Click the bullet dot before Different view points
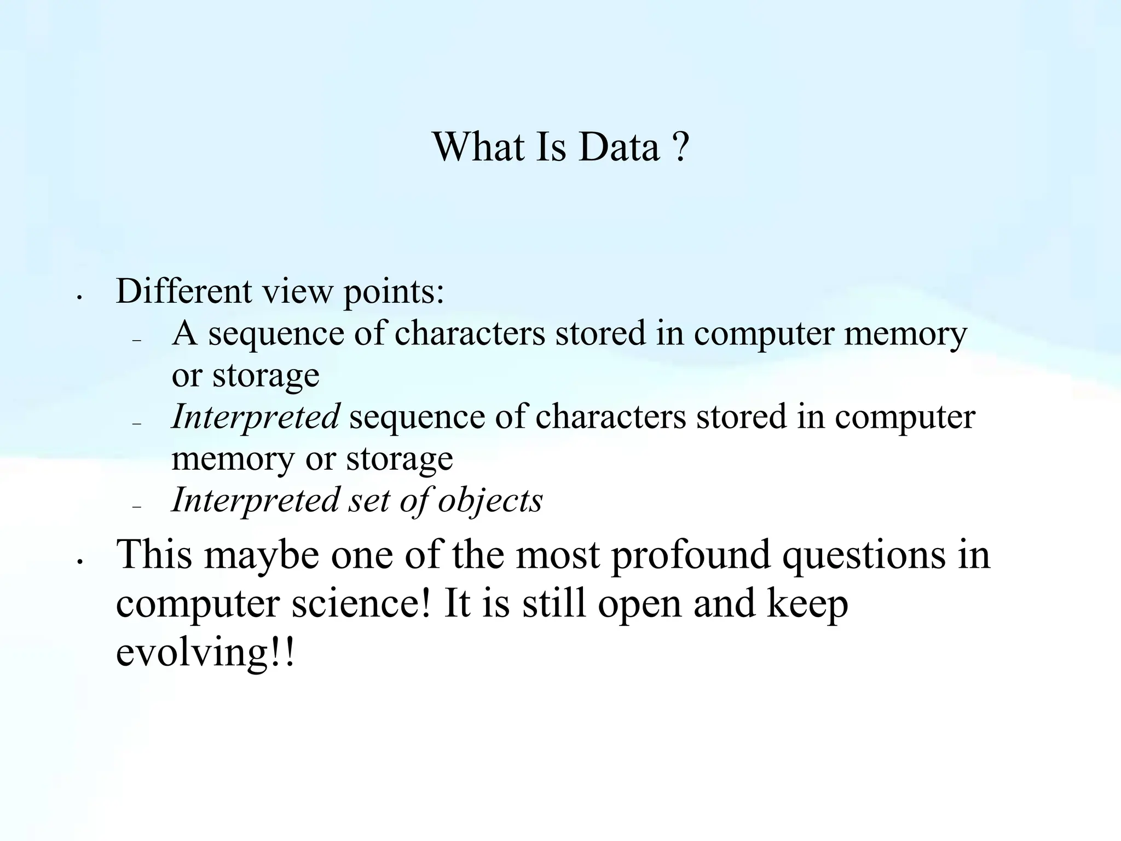pyautogui.click(x=80, y=297)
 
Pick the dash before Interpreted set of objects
pyautogui.click(x=137, y=508)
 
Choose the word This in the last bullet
pyautogui.click(x=154, y=554)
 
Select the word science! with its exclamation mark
pyautogui.click(x=361, y=603)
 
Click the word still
pyautogui.click(x=554, y=603)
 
